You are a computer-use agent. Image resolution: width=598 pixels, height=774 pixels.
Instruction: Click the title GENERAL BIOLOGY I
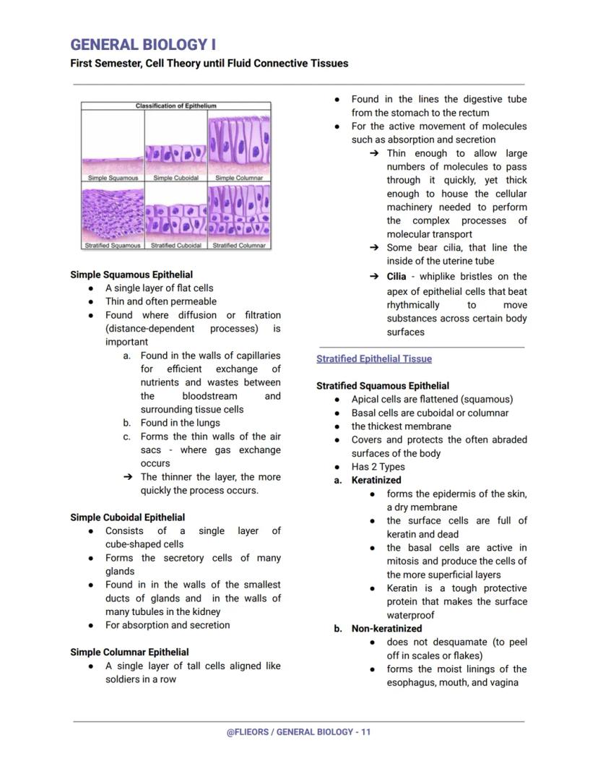click(143, 44)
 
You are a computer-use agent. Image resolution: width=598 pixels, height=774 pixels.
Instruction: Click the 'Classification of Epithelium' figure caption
click(175, 106)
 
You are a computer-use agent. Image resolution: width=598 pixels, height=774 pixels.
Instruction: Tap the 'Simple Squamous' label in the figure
click(113, 178)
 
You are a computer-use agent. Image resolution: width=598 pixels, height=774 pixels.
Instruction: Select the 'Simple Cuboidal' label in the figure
click(175, 178)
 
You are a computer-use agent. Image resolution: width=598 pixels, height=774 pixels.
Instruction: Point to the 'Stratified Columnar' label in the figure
click(239, 245)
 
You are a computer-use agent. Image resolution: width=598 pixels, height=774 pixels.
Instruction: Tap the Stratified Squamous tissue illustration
click(113, 212)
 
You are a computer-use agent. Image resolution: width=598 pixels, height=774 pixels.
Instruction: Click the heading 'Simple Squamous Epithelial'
click(131, 275)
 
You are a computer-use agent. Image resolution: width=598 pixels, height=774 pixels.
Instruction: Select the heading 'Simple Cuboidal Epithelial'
click(127, 517)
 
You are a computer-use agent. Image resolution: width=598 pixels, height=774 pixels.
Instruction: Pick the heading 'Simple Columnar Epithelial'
click(129, 652)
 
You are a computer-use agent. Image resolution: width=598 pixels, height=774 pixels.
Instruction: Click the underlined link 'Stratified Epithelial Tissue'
click(373, 358)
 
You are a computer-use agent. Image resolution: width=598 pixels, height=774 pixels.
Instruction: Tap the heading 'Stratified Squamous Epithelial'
click(382, 386)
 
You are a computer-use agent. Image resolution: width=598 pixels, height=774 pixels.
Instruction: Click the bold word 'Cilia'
click(396, 277)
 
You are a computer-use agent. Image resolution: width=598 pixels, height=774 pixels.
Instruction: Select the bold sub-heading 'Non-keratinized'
click(386, 629)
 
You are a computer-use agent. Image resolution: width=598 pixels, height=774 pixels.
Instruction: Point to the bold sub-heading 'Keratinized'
click(376, 480)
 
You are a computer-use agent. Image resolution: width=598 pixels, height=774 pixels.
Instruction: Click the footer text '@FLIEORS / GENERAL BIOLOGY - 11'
click(298, 732)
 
